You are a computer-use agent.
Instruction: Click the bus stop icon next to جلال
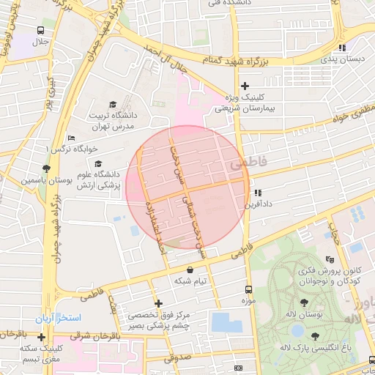point(40,31)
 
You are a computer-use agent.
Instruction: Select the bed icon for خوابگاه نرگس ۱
point(71,138)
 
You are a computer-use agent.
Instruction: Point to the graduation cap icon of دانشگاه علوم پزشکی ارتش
point(99,163)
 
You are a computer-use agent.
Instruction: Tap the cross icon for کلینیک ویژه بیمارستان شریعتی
point(245,86)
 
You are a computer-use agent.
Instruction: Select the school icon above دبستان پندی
point(341,48)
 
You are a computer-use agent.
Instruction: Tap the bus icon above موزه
point(248,289)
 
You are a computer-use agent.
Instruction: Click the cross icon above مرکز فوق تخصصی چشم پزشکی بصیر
point(158,302)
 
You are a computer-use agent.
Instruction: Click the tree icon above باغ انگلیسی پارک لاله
point(315,336)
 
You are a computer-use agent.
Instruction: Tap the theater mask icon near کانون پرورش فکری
point(330,259)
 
